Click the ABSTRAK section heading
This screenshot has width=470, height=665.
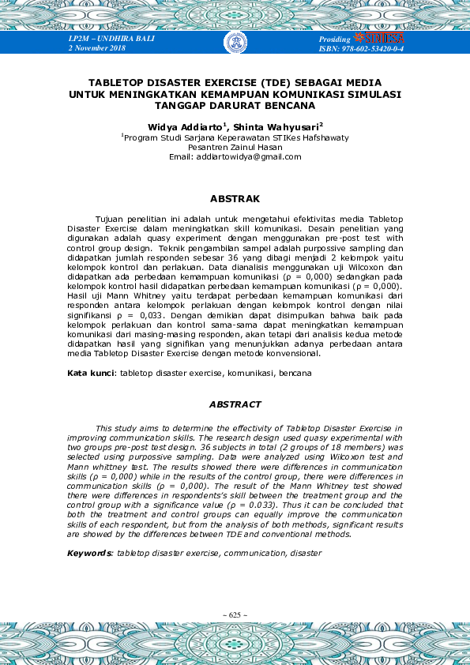[235, 199]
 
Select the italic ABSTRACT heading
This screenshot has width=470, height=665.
[235, 404]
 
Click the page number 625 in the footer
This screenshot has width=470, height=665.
[235, 614]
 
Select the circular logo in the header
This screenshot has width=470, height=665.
[235, 43]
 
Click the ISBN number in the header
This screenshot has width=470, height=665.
[361, 49]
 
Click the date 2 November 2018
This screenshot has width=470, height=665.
[97, 49]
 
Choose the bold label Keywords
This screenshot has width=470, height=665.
[89, 554]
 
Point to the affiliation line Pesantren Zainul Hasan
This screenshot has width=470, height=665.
[235, 147]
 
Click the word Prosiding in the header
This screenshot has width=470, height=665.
[335, 39]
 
